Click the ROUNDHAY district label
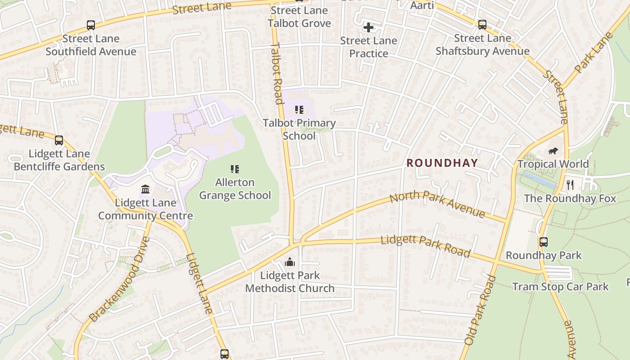click(x=442, y=163)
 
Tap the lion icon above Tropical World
click(x=553, y=151)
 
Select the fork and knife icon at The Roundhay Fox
click(x=570, y=185)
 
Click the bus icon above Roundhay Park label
click(x=544, y=242)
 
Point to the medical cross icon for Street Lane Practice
click(x=369, y=27)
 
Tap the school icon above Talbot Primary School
click(x=299, y=110)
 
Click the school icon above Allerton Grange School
click(x=235, y=169)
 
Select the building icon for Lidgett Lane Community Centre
click(x=145, y=189)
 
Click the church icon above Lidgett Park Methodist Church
click(x=290, y=262)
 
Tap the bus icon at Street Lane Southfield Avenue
click(x=91, y=25)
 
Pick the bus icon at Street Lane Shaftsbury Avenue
click(x=482, y=25)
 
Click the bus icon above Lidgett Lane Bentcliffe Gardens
click(x=59, y=140)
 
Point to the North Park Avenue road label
click(x=437, y=204)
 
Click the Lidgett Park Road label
click(x=425, y=246)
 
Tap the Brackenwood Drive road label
click(x=119, y=279)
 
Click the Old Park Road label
click(x=480, y=310)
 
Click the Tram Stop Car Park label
click(x=560, y=287)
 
